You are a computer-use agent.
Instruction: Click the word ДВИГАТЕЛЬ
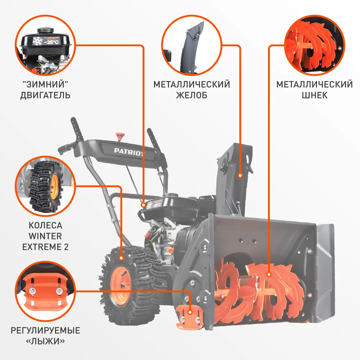pyautogui.click(x=45, y=95)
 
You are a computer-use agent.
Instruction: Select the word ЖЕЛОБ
pyautogui.click(x=192, y=95)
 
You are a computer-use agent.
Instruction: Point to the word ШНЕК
pyautogui.click(x=315, y=95)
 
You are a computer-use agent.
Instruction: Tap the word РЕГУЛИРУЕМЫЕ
pyautogui.click(x=45, y=330)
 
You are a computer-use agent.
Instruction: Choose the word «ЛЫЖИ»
pyautogui.click(x=45, y=341)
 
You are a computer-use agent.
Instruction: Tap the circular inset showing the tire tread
pyautogui.click(x=45, y=186)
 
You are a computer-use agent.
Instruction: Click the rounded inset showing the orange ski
pyautogui.click(x=45, y=291)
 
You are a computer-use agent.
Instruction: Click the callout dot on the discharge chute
pyautogui.click(x=240, y=175)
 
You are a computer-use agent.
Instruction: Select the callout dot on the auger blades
pyautogui.click(x=269, y=275)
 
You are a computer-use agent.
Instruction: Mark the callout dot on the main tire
pyautogui.click(x=121, y=258)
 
